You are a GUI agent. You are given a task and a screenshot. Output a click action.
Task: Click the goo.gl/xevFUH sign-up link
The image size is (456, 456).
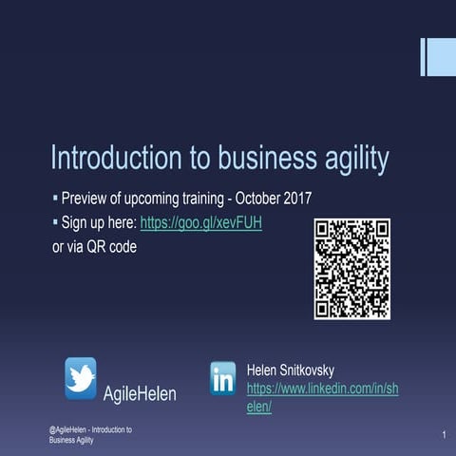click(200, 223)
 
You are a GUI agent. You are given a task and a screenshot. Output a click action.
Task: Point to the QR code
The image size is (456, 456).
click(351, 269)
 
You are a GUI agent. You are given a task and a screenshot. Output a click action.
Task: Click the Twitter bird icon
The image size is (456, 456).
click(80, 377)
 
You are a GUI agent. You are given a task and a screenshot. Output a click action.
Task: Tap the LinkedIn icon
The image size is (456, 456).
click(223, 378)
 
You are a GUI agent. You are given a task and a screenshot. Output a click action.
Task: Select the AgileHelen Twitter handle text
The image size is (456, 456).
click(140, 393)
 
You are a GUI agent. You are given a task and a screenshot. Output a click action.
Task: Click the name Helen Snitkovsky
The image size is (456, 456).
click(290, 370)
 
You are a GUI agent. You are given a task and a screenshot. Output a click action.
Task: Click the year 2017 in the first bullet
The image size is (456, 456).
click(297, 200)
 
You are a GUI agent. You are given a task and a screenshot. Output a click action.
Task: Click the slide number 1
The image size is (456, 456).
click(444, 434)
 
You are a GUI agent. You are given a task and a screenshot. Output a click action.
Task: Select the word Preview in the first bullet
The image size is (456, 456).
click(86, 200)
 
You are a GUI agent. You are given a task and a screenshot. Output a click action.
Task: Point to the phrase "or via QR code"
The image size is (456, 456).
click(94, 247)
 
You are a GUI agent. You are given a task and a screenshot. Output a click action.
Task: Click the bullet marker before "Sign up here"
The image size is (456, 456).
click(54, 222)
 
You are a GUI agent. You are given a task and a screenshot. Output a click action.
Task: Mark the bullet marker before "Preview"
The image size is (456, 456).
click(54, 199)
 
